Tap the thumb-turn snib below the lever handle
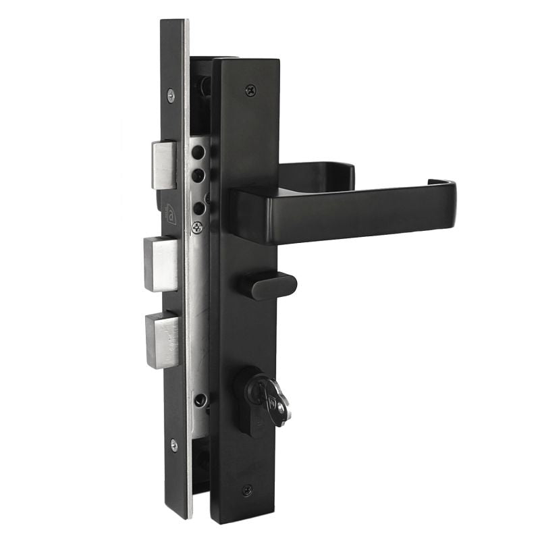tap(274, 286)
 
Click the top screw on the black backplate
tap(250, 89)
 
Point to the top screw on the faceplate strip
tap(171, 95)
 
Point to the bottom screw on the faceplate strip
tap(173, 444)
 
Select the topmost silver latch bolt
tap(164, 165)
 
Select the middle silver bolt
tap(161, 263)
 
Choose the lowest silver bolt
tap(163, 340)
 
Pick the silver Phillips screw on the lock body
tap(197, 227)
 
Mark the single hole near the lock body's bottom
tap(198, 401)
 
